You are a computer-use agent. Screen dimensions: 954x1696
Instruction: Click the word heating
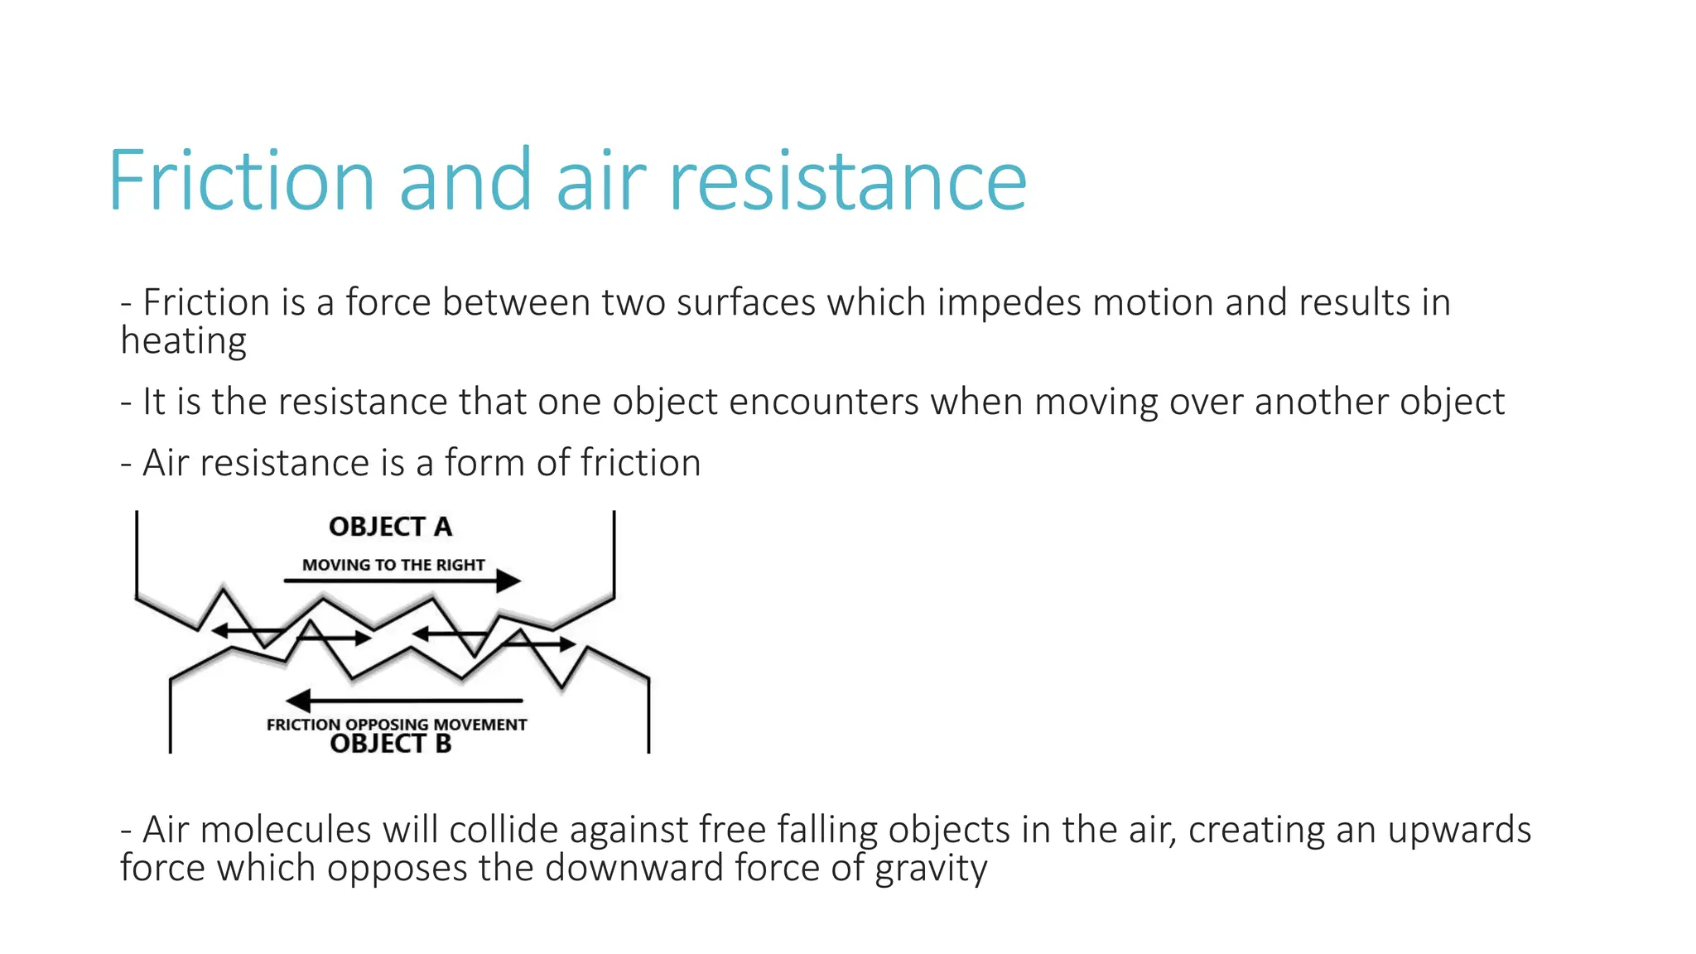pos(183,341)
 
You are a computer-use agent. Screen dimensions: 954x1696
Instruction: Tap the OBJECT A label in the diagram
pos(390,527)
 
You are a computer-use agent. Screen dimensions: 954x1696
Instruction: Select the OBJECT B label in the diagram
pos(390,744)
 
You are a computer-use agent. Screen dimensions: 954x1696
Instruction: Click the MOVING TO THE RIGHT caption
pos(393,565)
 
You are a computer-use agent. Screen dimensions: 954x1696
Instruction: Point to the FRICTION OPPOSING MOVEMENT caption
pos(397,725)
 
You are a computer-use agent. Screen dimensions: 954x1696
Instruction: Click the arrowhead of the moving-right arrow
pos(508,581)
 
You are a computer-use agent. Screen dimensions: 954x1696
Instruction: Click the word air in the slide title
pos(600,181)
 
